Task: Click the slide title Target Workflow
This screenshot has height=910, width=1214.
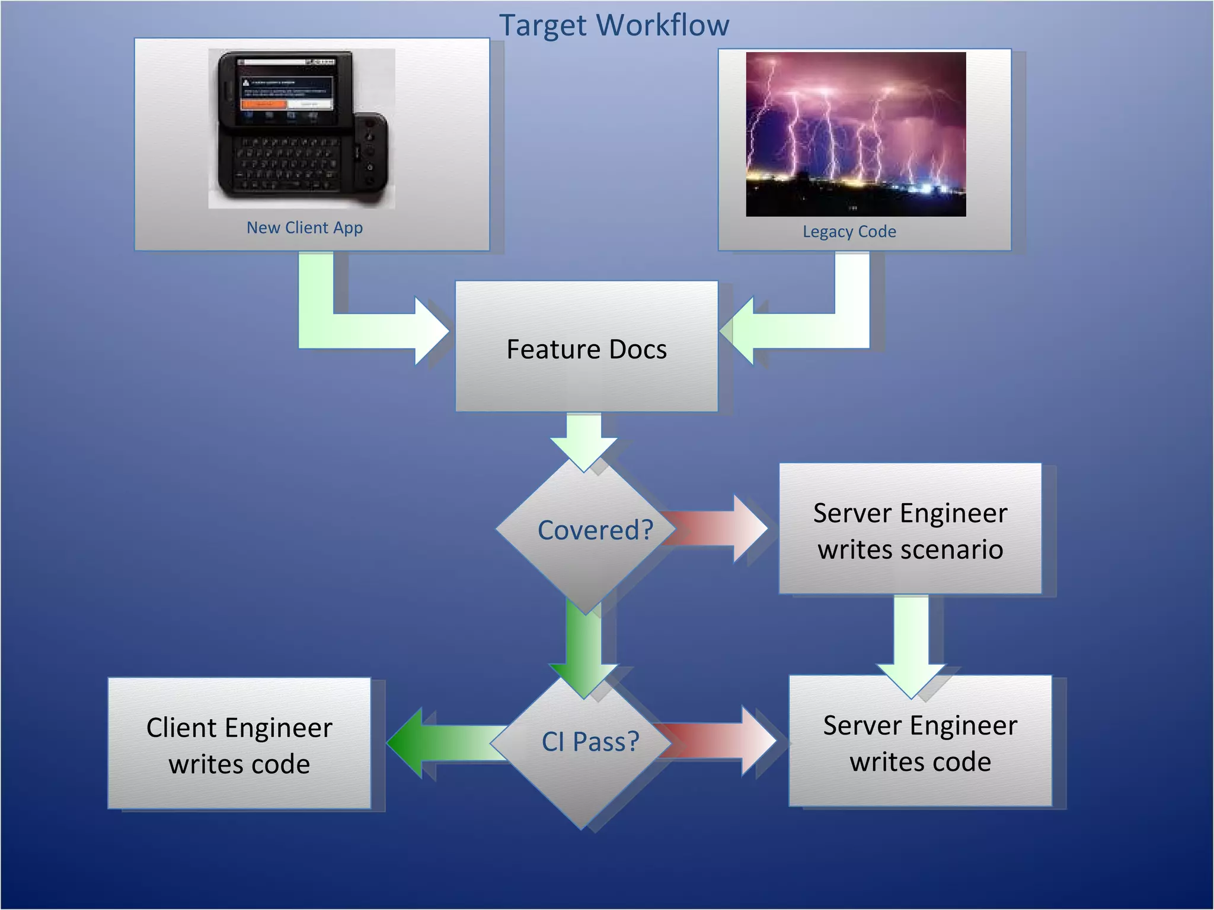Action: click(614, 25)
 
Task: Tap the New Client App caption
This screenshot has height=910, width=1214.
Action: click(305, 227)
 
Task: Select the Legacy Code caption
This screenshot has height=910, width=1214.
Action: click(849, 231)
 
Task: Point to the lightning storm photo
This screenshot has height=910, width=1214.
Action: click(855, 134)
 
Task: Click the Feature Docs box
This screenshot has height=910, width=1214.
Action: click(586, 348)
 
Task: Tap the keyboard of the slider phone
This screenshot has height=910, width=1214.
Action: click(285, 163)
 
